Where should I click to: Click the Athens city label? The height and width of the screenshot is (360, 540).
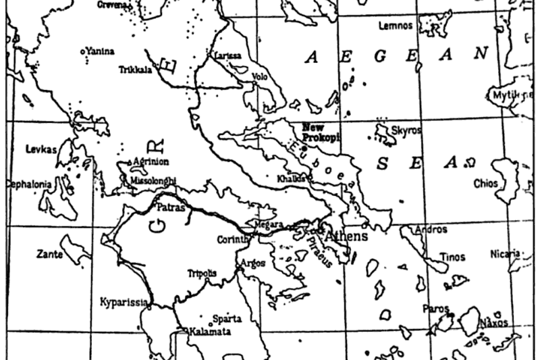(x=346, y=236)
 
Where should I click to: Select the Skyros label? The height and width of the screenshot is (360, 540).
(x=406, y=129)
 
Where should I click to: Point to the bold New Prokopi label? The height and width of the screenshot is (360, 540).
(x=321, y=132)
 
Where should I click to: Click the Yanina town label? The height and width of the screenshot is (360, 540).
(x=99, y=51)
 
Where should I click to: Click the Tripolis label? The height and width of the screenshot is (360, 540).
(x=202, y=274)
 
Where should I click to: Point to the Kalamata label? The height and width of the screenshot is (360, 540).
(x=210, y=332)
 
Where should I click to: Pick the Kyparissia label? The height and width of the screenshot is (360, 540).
(x=123, y=301)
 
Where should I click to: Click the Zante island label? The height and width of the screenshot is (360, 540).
(x=49, y=255)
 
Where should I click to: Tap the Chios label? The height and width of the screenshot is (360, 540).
(x=486, y=183)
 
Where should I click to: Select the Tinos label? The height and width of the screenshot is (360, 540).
(x=452, y=257)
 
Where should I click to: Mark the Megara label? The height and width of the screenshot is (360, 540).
(x=263, y=222)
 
